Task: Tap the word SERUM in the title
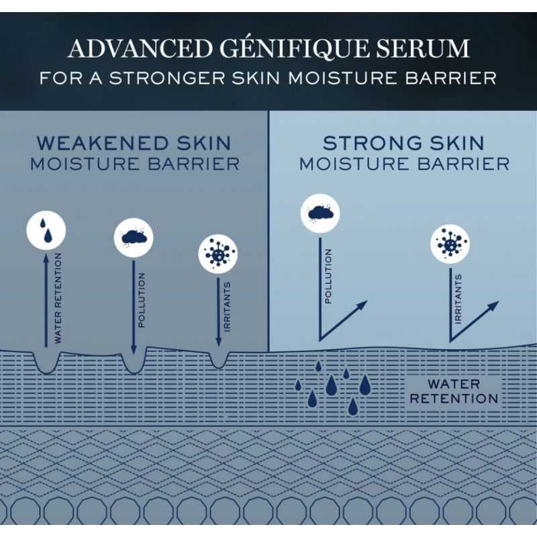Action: pyautogui.click(x=423, y=48)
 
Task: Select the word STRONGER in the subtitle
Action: pyautogui.click(x=167, y=78)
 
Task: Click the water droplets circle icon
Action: pyautogui.click(x=46, y=230)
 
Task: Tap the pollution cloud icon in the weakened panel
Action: pyautogui.click(x=134, y=238)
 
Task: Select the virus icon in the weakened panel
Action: pyautogui.click(x=218, y=254)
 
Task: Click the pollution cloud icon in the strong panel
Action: pyautogui.click(x=320, y=213)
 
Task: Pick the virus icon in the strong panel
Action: pyautogui.click(x=450, y=244)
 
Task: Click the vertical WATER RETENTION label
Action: pyautogui.click(x=58, y=298)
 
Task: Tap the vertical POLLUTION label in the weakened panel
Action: pyautogui.click(x=142, y=300)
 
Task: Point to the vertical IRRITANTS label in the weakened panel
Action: pyautogui.click(x=227, y=307)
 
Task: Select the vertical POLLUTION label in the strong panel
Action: pyautogui.click(x=328, y=276)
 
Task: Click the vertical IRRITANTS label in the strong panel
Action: pyautogui.click(x=458, y=298)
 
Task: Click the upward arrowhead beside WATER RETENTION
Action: pyautogui.click(x=46, y=260)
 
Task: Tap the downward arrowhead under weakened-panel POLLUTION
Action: pyautogui.click(x=134, y=349)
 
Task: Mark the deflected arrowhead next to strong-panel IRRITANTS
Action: pyautogui.click(x=494, y=305)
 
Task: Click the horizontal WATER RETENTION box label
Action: pyautogui.click(x=454, y=391)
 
